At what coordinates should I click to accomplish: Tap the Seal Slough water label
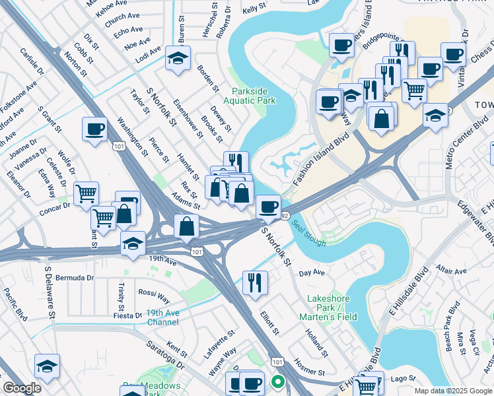click(309, 233)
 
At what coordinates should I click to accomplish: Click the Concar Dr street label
click(54, 206)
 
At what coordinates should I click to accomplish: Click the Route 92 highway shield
click(285, 216)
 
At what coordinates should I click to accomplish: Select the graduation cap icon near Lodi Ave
click(178, 59)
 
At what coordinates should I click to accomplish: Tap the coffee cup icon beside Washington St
click(94, 129)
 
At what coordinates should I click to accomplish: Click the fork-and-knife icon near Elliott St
click(254, 282)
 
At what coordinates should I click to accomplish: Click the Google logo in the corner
click(21, 388)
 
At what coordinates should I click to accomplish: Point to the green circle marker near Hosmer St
click(278, 381)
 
